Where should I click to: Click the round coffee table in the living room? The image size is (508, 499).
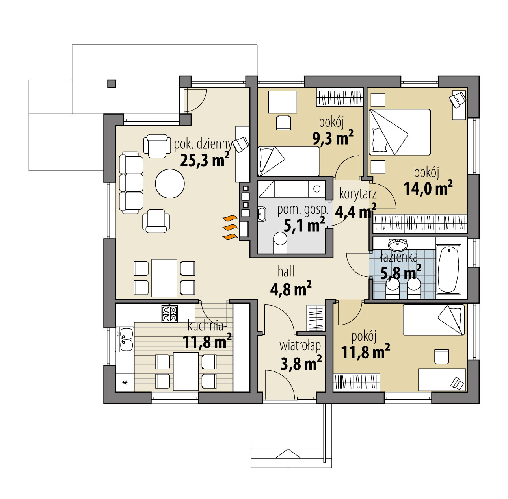coord(170,184)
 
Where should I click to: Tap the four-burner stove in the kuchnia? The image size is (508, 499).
coord(169,313)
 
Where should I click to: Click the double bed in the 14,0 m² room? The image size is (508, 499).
coord(399,132)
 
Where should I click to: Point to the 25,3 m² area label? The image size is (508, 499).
coord(205,160)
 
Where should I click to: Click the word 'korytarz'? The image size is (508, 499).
coord(357,194)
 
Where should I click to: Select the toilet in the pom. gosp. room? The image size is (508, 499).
coord(280,242)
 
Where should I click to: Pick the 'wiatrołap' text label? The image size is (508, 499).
coord(300,346)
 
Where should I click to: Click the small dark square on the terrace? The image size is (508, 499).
coord(112,83)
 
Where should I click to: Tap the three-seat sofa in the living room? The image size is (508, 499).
coord(131,184)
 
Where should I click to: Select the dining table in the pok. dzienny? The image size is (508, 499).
coord(164,277)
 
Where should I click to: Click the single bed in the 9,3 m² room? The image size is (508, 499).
coord(288,161)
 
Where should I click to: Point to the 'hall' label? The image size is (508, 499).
coord(286,271)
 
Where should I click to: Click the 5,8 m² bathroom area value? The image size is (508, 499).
coord(400,273)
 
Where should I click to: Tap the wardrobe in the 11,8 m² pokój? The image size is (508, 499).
coord(357,382)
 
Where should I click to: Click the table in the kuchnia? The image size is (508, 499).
coord(186,371)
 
